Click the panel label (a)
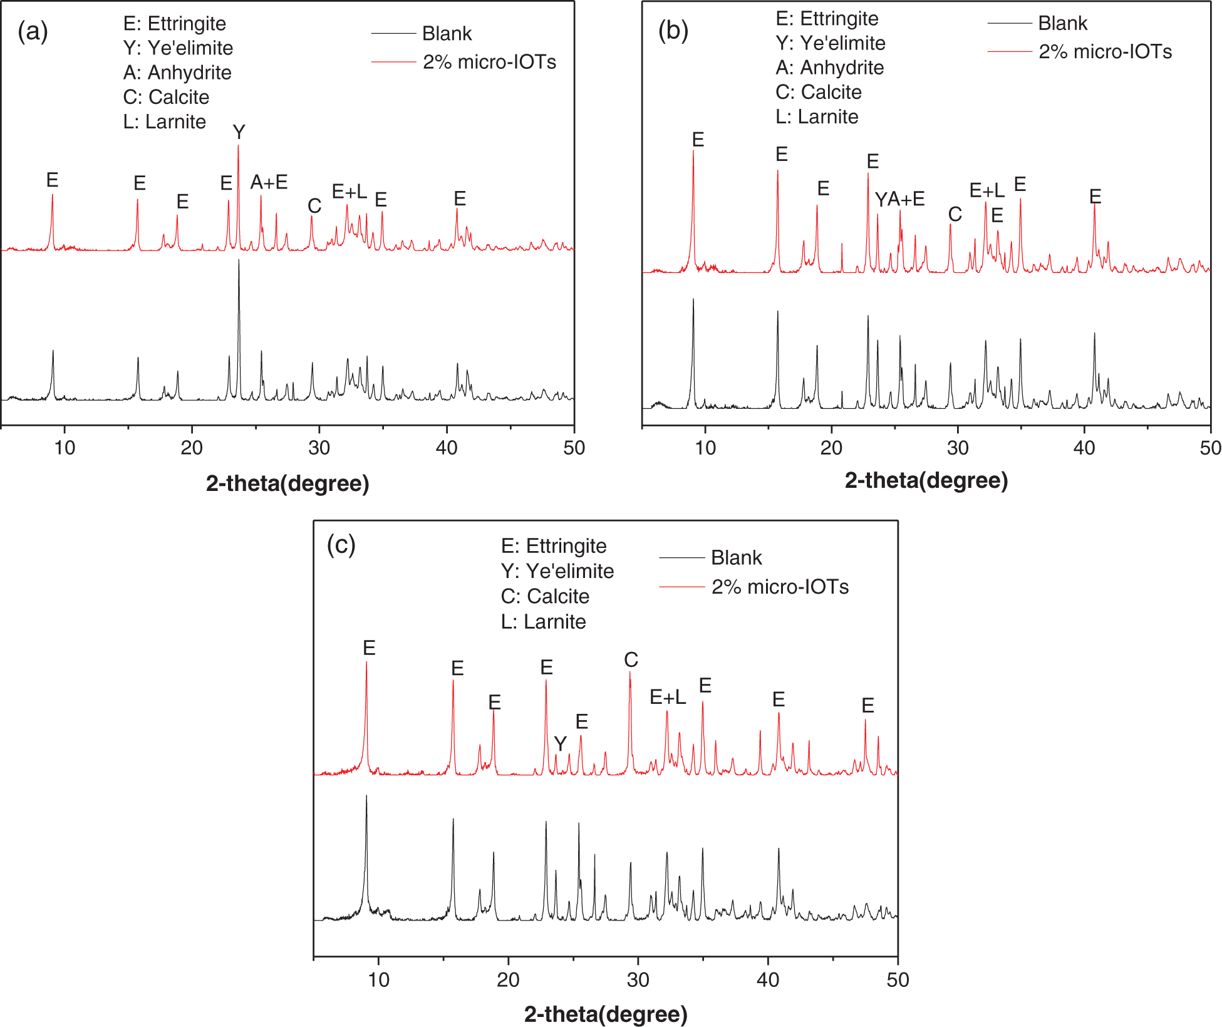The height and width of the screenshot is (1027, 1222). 33,31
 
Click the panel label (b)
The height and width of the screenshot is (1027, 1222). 673,30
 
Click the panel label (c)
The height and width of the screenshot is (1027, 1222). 341,545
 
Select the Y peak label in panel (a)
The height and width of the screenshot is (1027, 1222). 239,132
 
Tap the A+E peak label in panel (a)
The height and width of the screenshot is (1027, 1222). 269,182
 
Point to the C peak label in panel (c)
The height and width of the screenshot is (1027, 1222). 631,659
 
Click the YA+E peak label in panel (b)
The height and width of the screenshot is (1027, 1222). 899,199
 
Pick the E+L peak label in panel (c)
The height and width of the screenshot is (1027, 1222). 668,697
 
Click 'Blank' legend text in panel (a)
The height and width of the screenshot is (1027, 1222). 447,33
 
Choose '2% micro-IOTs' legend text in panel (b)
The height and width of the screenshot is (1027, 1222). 1105,51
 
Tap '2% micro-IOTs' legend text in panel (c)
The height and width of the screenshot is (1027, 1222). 780,587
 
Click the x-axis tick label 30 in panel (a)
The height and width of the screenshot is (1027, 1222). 319,448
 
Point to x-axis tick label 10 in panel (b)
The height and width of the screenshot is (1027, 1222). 705,448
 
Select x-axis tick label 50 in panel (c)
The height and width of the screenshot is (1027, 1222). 898,979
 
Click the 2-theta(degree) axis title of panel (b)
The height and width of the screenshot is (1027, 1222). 926,480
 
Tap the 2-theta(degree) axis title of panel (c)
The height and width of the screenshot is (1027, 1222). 606,1014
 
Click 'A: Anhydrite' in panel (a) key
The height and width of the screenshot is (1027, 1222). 177,73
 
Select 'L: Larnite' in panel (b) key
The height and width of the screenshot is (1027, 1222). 817,116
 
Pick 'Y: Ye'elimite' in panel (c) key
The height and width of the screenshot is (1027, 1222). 557,571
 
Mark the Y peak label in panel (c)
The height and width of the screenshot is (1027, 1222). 560,744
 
